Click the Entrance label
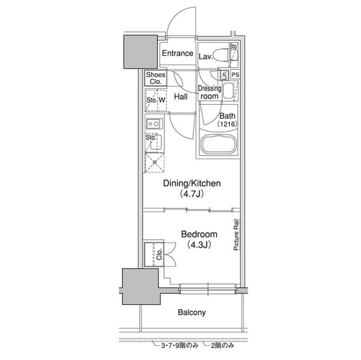pyautogui.click(x=178, y=54)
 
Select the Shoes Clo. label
pyautogui.click(x=156, y=78)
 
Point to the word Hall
pyautogui.click(x=180, y=96)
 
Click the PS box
pyautogui.click(x=235, y=75)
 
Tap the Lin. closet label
pyautogui.click(x=224, y=75)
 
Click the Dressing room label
pyautogui.click(x=209, y=92)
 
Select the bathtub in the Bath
pyautogui.click(x=218, y=144)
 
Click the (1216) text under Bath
pyautogui.click(x=227, y=124)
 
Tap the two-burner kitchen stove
pyautogui.click(x=154, y=124)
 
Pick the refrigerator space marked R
pyautogui.click(x=155, y=162)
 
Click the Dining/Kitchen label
pyautogui.click(x=192, y=183)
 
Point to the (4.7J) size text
pyautogui.click(x=192, y=194)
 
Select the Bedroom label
pyautogui.click(x=199, y=234)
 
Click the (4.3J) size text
pyautogui.click(x=199, y=245)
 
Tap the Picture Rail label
pyautogui.click(x=236, y=235)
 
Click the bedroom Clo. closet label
pyautogui.click(x=159, y=254)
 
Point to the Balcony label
pyautogui.click(x=192, y=313)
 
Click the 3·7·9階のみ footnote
pyautogui.click(x=179, y=345)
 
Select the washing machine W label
pyautogui.click(x=162, y=100)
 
